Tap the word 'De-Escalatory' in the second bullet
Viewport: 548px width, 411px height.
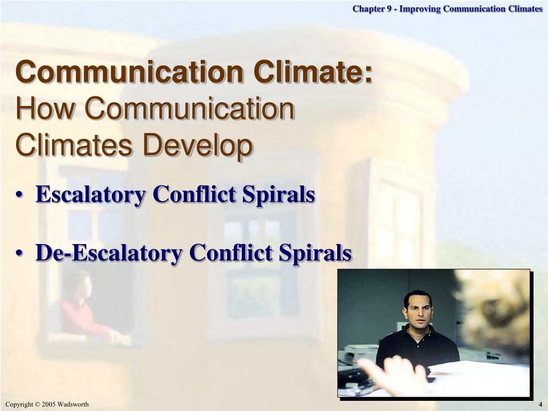pyautogui.click(x=109, y=253)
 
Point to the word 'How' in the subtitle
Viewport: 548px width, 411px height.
pyautogui.click(x=45, y=108)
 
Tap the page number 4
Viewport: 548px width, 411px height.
pyautogui.click(x=540, y=405)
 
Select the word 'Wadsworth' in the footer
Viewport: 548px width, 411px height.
pyautogui.click(x=73, y=405)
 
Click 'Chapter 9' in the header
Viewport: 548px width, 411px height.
pyautogui.click(x=372, y=9)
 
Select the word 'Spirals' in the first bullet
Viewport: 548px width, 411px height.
pyautogui.click(x=279, y=194)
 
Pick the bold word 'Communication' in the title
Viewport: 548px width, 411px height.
pyautogui.click(x=130, y=72)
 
